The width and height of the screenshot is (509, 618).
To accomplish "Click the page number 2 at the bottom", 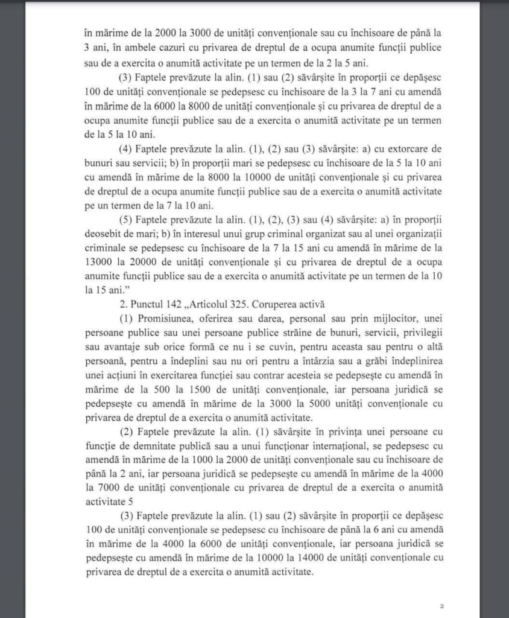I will [x=442, y=605].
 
